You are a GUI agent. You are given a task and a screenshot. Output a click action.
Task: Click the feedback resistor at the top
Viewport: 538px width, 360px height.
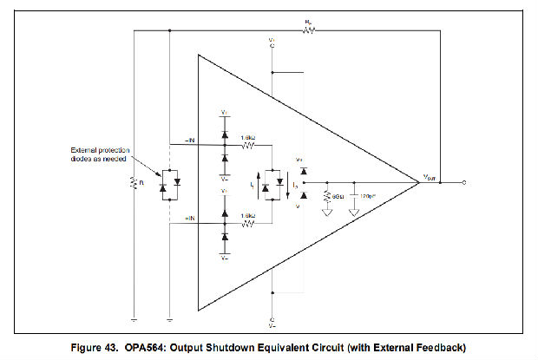308,29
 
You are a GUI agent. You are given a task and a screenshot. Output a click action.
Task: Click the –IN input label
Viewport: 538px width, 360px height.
190,141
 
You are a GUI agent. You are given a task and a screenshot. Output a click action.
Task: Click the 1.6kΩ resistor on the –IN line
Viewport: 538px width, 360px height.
247,145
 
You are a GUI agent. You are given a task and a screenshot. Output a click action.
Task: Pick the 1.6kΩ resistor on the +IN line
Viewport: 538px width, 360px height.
247,223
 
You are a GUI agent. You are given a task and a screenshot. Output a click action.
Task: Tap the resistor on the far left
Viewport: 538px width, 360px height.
134,183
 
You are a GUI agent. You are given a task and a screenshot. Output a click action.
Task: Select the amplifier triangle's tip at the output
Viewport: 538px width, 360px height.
420,183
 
